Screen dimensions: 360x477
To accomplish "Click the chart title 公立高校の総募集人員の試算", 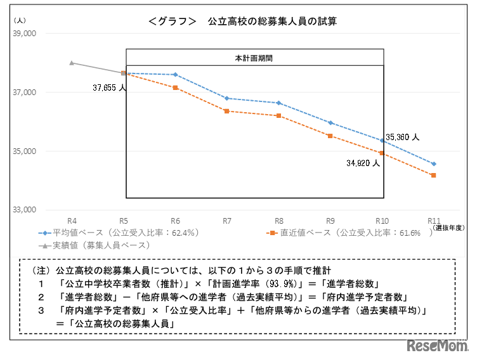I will point(271,21).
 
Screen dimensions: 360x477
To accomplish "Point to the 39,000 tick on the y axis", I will point(25,33).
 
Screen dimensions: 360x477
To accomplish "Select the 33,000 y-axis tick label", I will point(25,210).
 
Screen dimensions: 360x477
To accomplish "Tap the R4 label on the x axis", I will point(72,220).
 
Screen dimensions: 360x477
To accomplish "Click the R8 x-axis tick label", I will point(278,220).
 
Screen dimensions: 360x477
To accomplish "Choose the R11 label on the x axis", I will point(434,220).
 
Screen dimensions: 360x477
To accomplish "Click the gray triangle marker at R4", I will point(72,63).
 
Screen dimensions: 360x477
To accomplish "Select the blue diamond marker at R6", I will point(175,75).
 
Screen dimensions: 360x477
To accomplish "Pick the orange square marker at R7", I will point(226,111).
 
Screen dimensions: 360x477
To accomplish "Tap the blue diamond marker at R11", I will point(434,164).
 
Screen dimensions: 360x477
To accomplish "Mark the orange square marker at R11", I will point(434,175).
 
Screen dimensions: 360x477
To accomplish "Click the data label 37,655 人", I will point(108,87).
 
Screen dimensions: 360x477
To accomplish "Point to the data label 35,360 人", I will point(402,136).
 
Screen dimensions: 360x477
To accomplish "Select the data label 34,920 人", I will point(362,162).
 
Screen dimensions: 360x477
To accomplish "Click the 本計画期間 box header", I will point(254,58).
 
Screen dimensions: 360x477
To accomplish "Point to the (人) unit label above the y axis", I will point(19,21).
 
